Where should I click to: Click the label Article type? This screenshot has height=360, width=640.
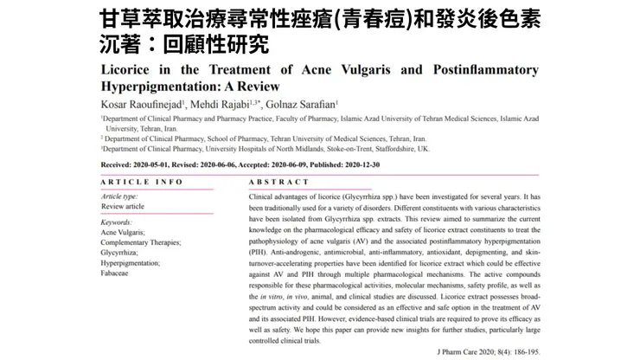[122, 196]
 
